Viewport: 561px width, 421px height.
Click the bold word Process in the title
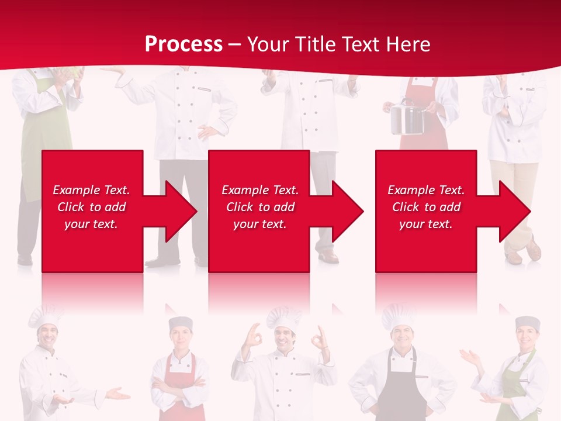tap(183, 44)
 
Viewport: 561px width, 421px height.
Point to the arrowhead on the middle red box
tap(347, 211)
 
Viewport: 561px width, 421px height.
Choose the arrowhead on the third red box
tap(514, 211)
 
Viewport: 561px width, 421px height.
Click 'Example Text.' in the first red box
tap(91, 190)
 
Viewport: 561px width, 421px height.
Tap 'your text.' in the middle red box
tap(259, 224)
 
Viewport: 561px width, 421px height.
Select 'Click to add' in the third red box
tap(426, 207)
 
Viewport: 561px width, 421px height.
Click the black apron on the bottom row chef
tap(400, 392)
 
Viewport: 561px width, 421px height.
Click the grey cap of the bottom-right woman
tap(528, 322)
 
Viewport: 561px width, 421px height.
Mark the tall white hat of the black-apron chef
tap(399, 316)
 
